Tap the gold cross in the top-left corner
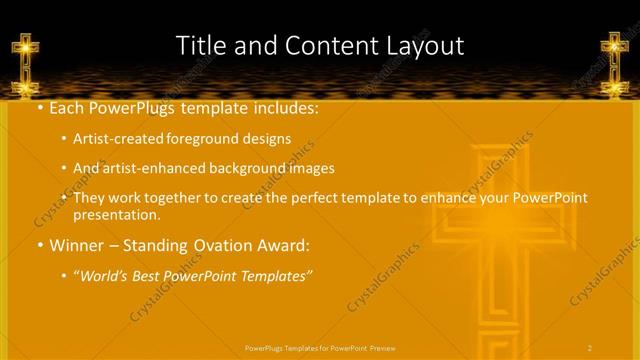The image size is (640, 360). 25,57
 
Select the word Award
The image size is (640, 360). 283,243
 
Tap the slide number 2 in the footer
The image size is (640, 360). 590,347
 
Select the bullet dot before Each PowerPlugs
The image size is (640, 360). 39,108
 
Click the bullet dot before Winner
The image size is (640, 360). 39,243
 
